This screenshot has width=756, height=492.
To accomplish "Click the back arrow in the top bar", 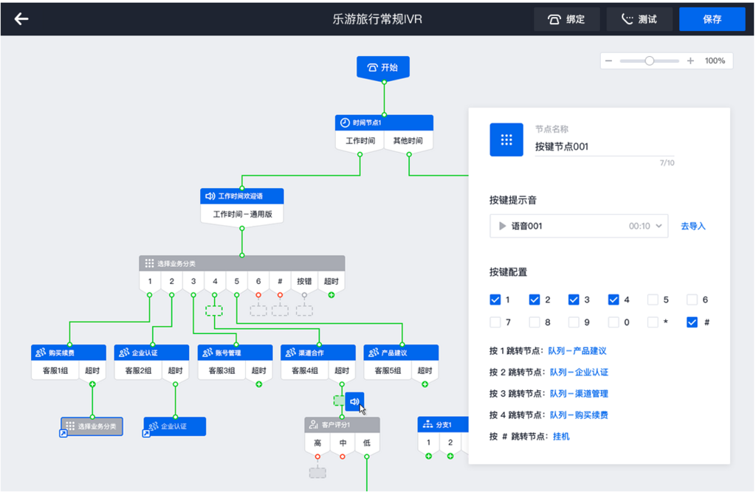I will point(21,19).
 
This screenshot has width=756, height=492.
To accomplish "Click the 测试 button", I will point(639,19).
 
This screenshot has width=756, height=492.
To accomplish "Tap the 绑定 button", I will point(566,19).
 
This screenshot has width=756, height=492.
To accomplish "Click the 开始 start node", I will point(382,67).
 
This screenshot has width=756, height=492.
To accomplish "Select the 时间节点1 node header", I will point(384,122).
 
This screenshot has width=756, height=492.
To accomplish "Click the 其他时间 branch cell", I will point(408,141).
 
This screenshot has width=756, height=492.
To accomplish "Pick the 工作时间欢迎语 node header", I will point(241,196).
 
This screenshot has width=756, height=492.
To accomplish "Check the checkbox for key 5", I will point(653,299).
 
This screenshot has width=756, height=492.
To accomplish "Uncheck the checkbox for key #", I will point(692,322).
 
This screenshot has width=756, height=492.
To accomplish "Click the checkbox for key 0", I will point(614,322).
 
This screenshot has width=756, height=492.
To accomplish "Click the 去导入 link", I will point(693,226).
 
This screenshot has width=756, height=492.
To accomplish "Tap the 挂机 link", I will point(561,436).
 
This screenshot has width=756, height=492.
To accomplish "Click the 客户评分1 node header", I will point(342,425).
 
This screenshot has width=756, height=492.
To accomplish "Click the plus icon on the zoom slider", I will point(690,60).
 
